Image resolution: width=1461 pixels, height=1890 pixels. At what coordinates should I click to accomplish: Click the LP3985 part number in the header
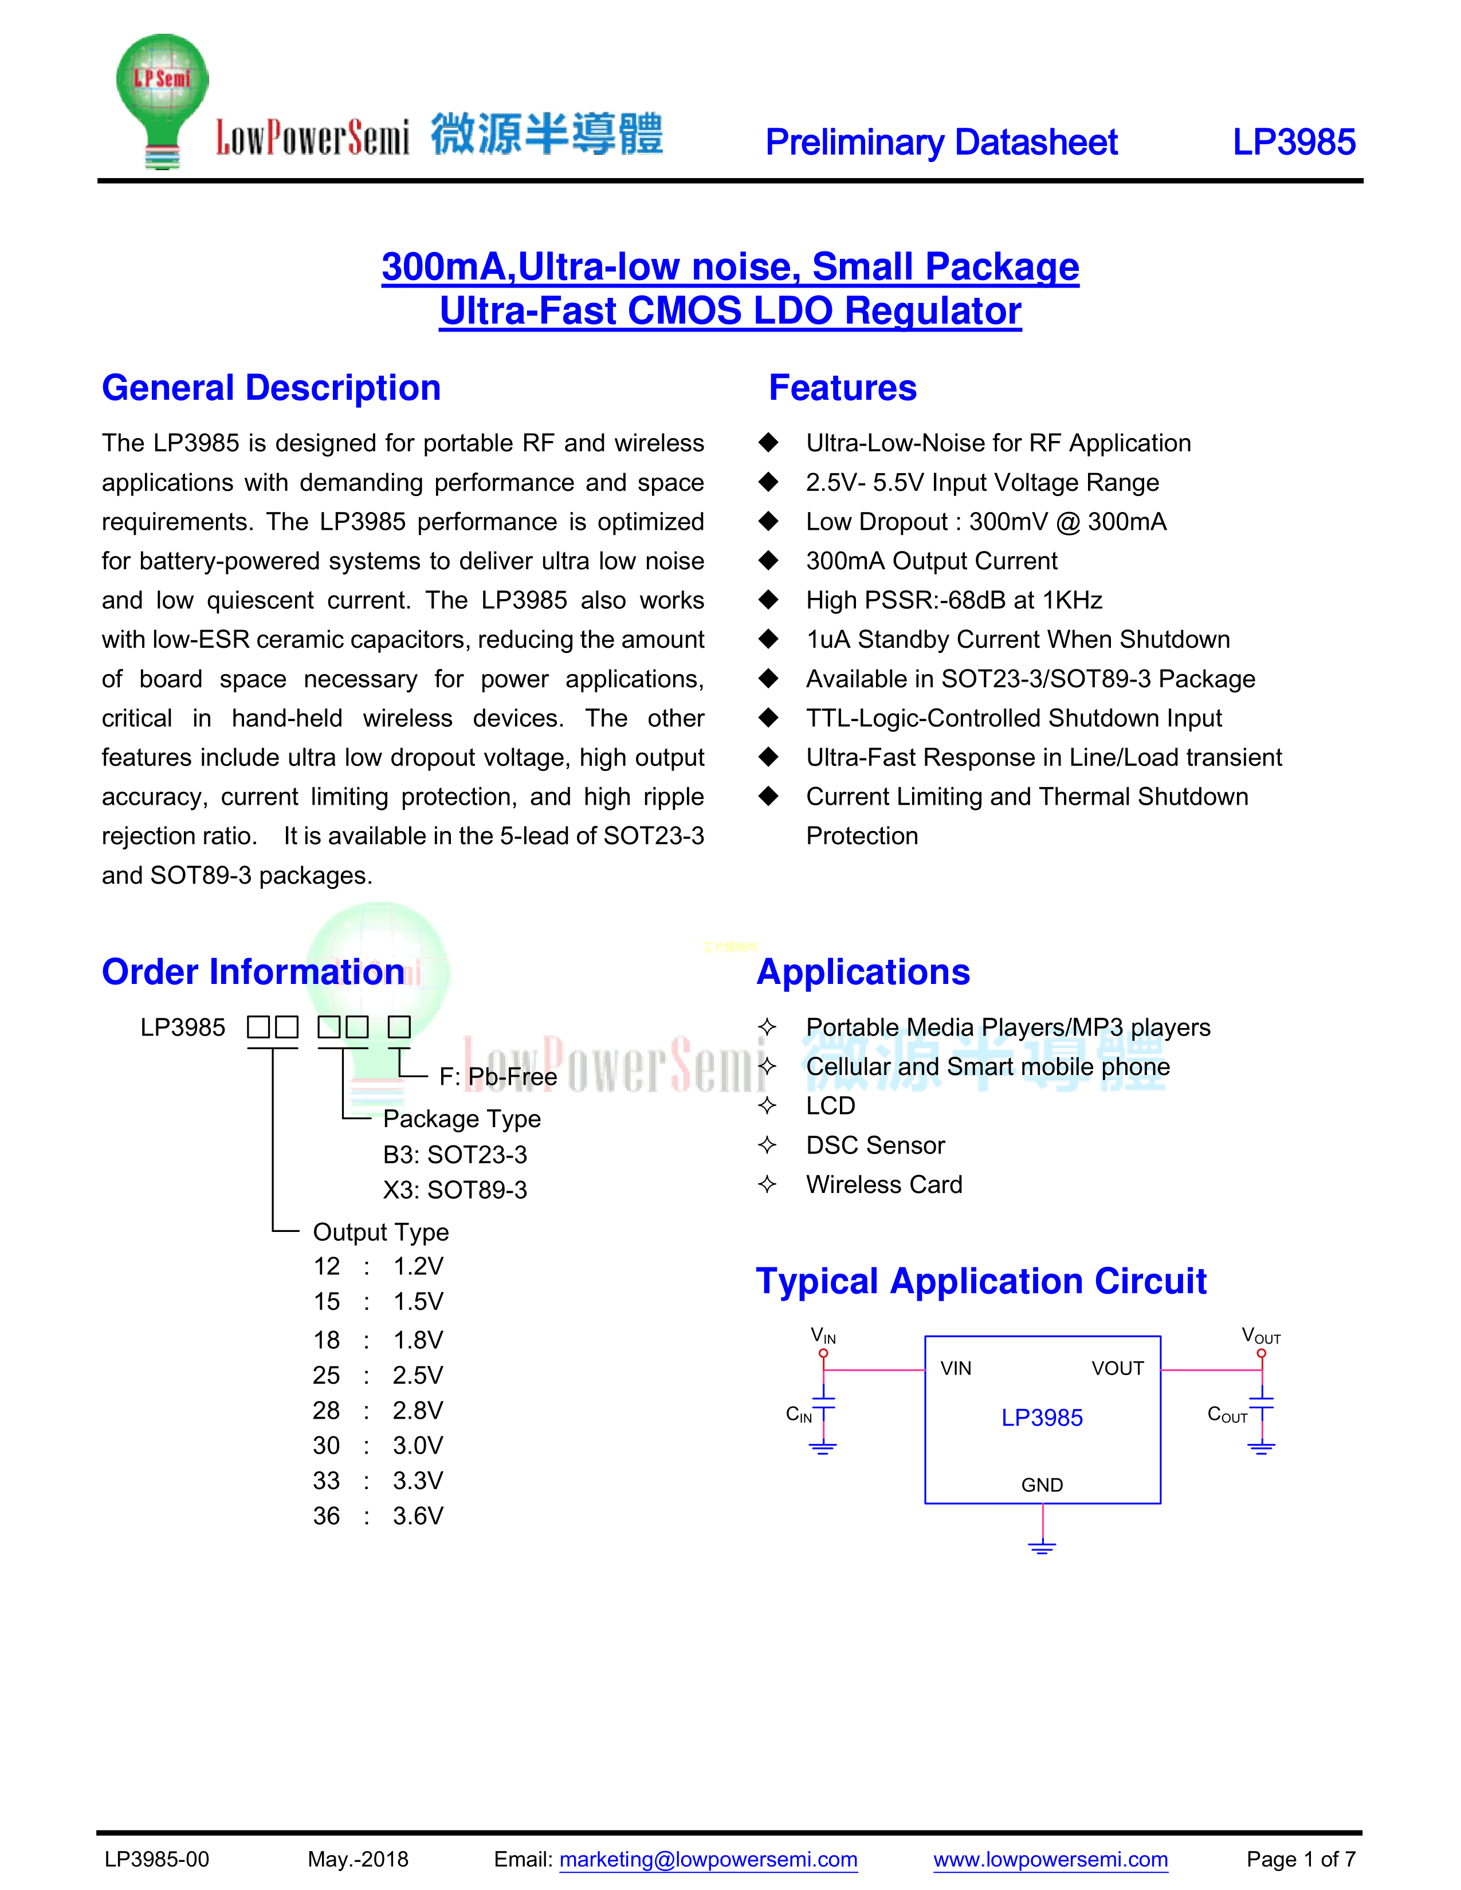click(x=1293, y=142)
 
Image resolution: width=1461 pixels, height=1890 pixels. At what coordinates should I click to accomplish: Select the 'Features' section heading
click(x=842, y=388)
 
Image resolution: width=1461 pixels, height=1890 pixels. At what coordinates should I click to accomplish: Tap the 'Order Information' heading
click(x=253, y=972)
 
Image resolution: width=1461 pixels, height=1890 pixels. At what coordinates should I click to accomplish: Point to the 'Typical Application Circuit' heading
click(x=981, y=1281)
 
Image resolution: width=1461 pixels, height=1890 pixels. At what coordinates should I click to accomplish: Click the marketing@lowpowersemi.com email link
click(x=708, y=1859)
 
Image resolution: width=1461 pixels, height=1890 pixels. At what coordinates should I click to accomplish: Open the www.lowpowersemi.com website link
click(x=1050, y=1859)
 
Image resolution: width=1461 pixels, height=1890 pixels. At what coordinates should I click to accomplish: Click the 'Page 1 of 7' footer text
click(x=1300, y=1859)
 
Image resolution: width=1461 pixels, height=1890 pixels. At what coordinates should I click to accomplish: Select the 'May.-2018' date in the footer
click(x=358, y=1859)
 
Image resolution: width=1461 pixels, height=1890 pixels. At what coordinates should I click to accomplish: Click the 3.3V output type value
click(x=417, y=1480)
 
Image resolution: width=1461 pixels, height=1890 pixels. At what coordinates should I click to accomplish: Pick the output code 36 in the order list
click(x=327, y=1516)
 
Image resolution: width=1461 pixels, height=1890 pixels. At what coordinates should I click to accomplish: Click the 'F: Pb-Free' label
click(x=498, y=1077)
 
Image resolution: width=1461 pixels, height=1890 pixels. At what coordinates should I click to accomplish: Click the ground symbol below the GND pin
click(x=1042, y=1546)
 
